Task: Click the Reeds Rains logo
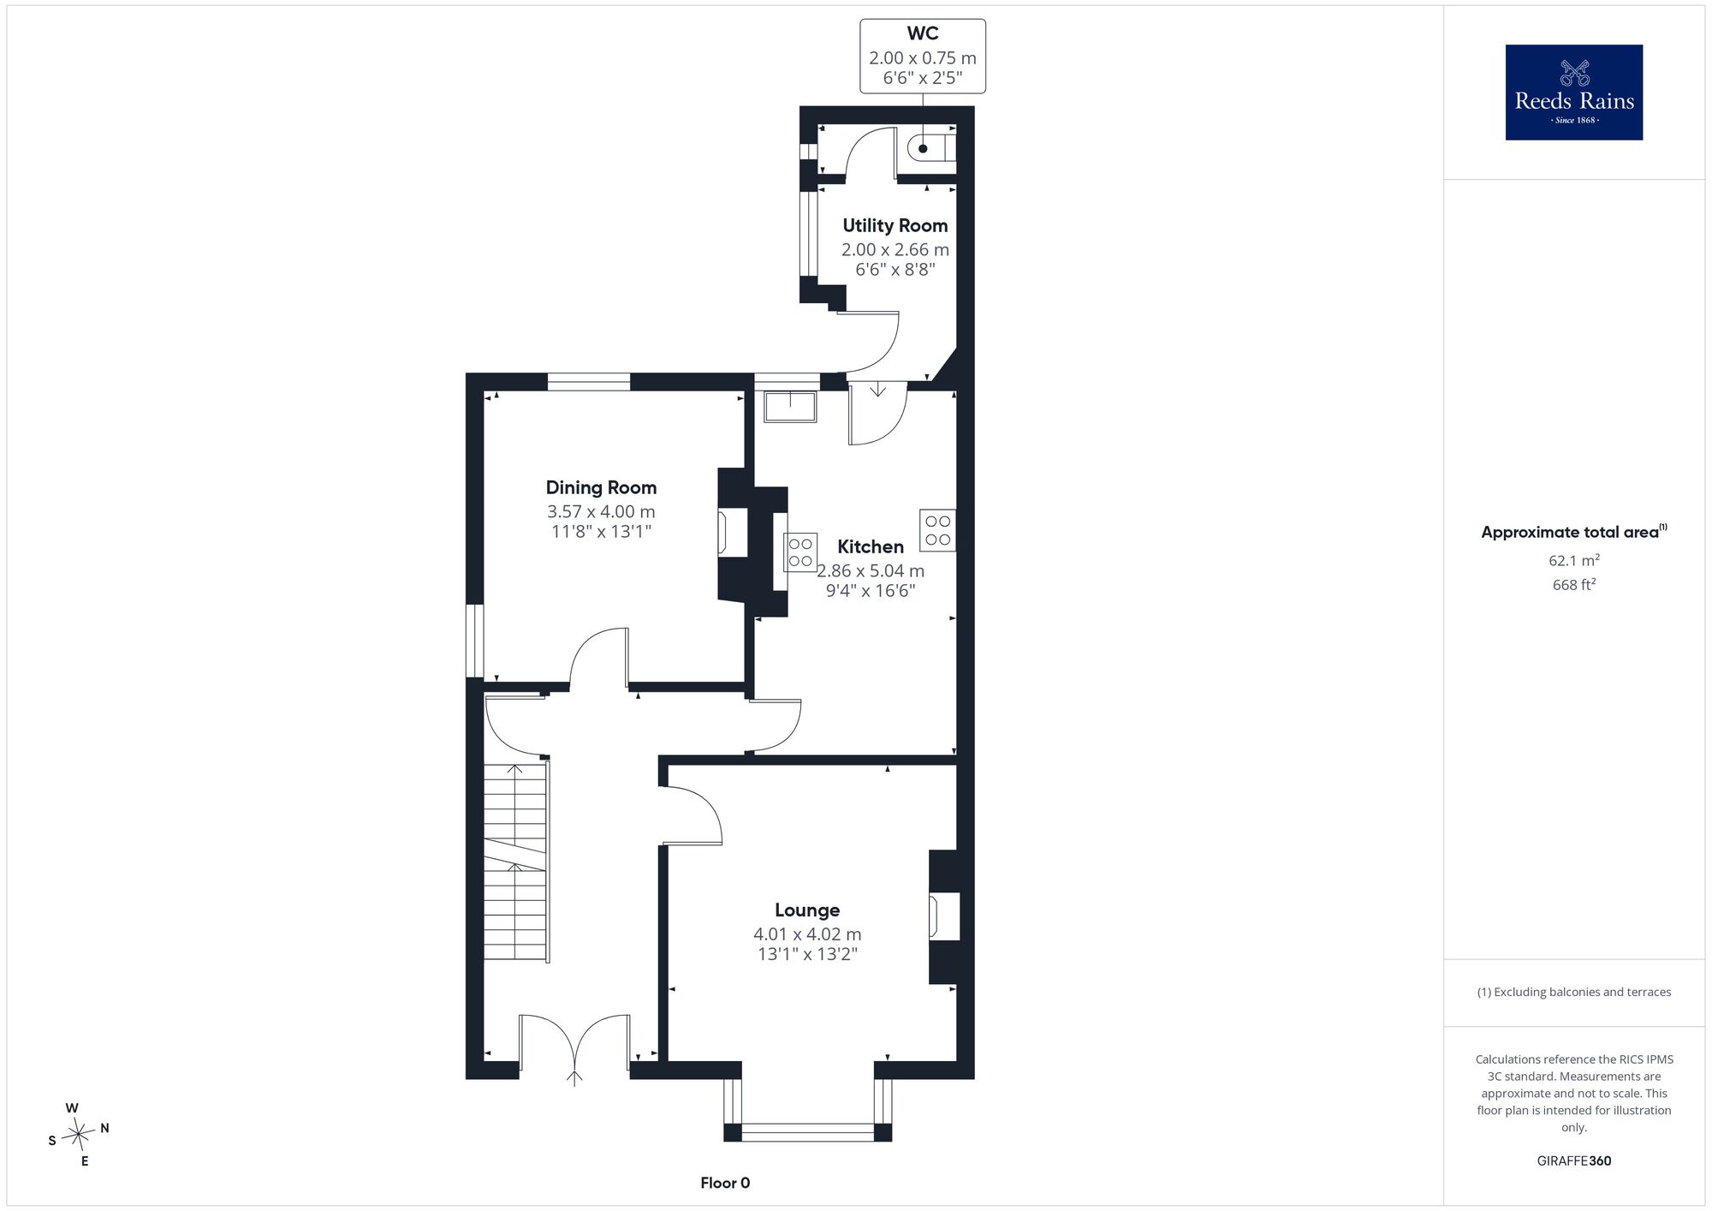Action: [x=1573, y=92]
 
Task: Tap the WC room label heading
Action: [x=923, y=33]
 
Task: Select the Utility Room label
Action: [x=895, y=225]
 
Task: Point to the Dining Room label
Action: [x=601, y=487]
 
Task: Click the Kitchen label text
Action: [x=871, y=546]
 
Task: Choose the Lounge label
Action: [x=807, y=910]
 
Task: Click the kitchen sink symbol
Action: [x=791, y=407]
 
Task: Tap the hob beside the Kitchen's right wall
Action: [x=938, y=530]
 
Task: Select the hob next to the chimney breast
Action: [x=801, y=552]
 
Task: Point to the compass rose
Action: [x=79, y=1135]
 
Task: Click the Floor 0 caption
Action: [x=725, y=1183]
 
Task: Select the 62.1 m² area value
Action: [x=1574, y=561]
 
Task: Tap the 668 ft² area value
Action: [x=1574, y=585]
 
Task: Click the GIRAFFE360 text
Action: [x=1574, y=1161]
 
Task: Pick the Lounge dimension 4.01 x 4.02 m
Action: [x=807, y=934]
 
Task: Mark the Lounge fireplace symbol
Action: [x=944, y=916]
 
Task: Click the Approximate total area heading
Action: [x=1574, y=532]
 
